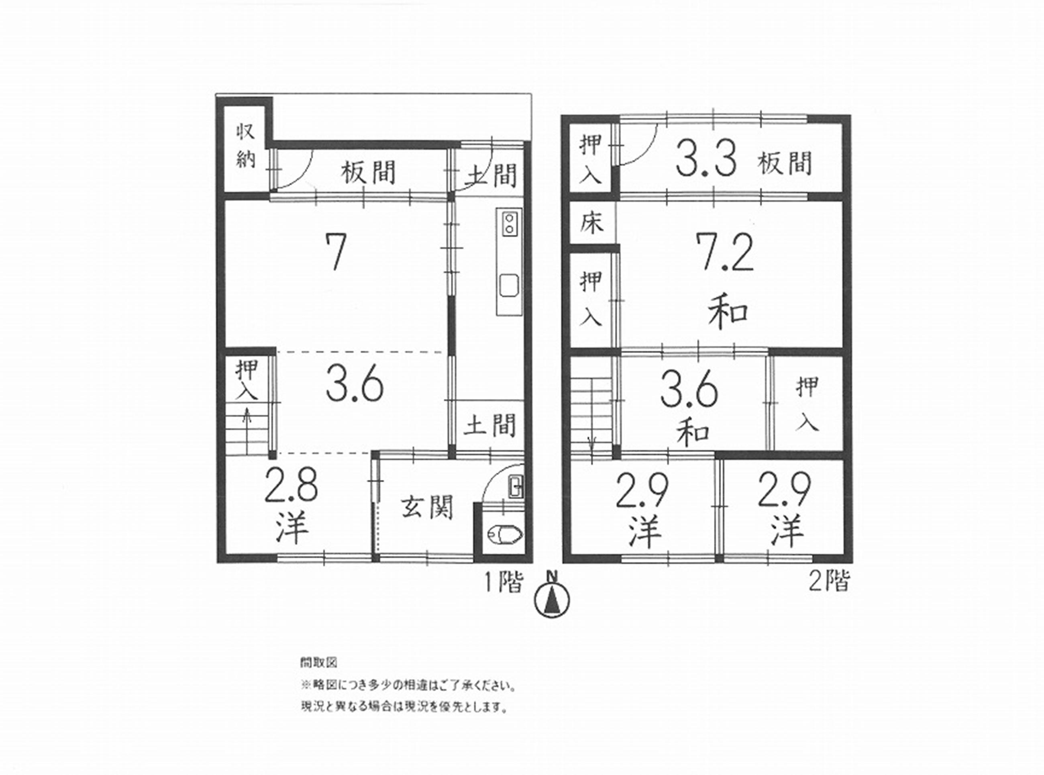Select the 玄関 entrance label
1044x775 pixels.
[x=427, y=508]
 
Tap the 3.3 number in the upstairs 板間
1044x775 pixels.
[x=703, y=161]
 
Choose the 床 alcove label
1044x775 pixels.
[x=591, y=223]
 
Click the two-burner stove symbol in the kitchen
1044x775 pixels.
[x=508, y=224]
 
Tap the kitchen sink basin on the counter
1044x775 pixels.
[x=509, y=285]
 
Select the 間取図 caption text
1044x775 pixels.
[x=318, y=663]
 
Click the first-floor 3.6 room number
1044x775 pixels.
[x=355, y=385]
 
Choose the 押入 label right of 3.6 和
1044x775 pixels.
[x=807, y=404]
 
